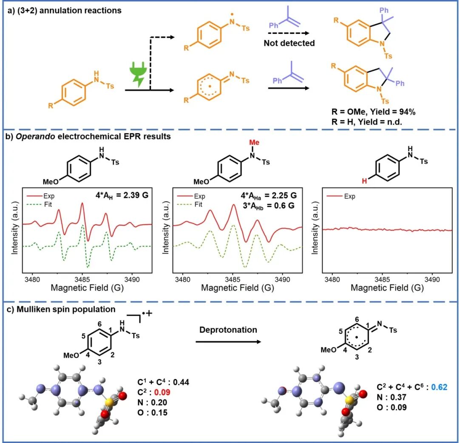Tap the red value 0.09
point(172,392)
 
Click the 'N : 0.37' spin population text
point(393,397)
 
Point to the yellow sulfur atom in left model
point(109,399)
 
